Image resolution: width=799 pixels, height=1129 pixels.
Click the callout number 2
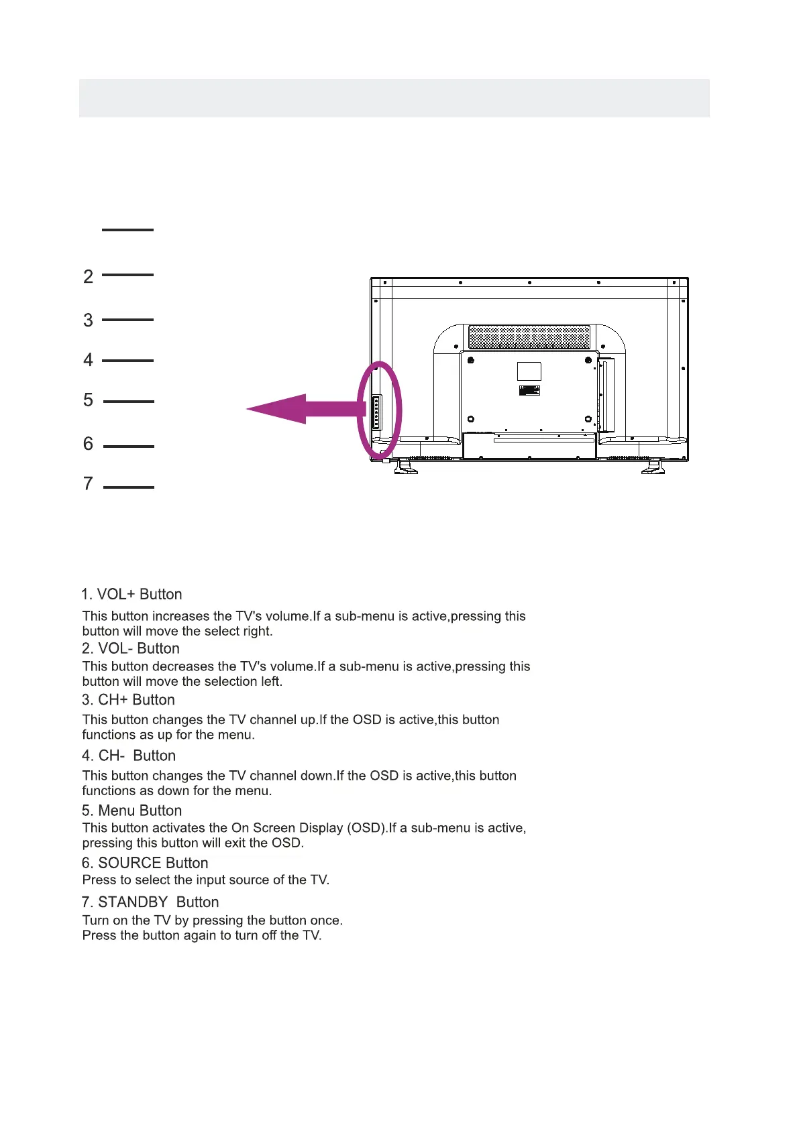point(88,276)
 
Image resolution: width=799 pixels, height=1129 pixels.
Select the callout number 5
point(88,400)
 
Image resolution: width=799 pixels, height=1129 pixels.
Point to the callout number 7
point(88,483)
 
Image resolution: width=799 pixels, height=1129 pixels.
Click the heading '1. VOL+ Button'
point(131,595)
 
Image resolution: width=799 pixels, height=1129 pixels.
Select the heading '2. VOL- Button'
point(131,648)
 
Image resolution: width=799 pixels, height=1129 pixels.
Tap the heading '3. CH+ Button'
point(128,700)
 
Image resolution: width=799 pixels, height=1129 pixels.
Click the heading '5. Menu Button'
point(131,811)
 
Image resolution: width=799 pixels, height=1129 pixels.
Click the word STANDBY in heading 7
point(133,902)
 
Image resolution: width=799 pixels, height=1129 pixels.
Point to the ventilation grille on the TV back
point(529,337)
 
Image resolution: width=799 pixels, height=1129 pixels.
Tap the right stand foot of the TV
point(653,467)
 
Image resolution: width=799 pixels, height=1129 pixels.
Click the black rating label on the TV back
point(529,390)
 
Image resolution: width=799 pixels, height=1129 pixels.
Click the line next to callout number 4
point(127,361)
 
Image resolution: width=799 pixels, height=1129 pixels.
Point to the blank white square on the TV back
point(529,371)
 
